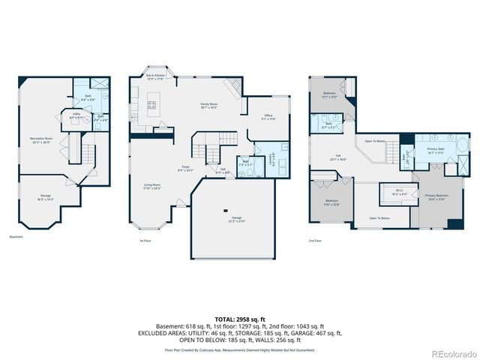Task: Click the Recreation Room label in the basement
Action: pos(40,140)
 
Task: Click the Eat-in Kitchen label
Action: pos(155,76)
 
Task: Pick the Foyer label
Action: pos(185,169)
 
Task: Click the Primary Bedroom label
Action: pos(436,198)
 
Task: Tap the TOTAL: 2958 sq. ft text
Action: pos(239,319)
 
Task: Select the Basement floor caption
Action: pos(16,237)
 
